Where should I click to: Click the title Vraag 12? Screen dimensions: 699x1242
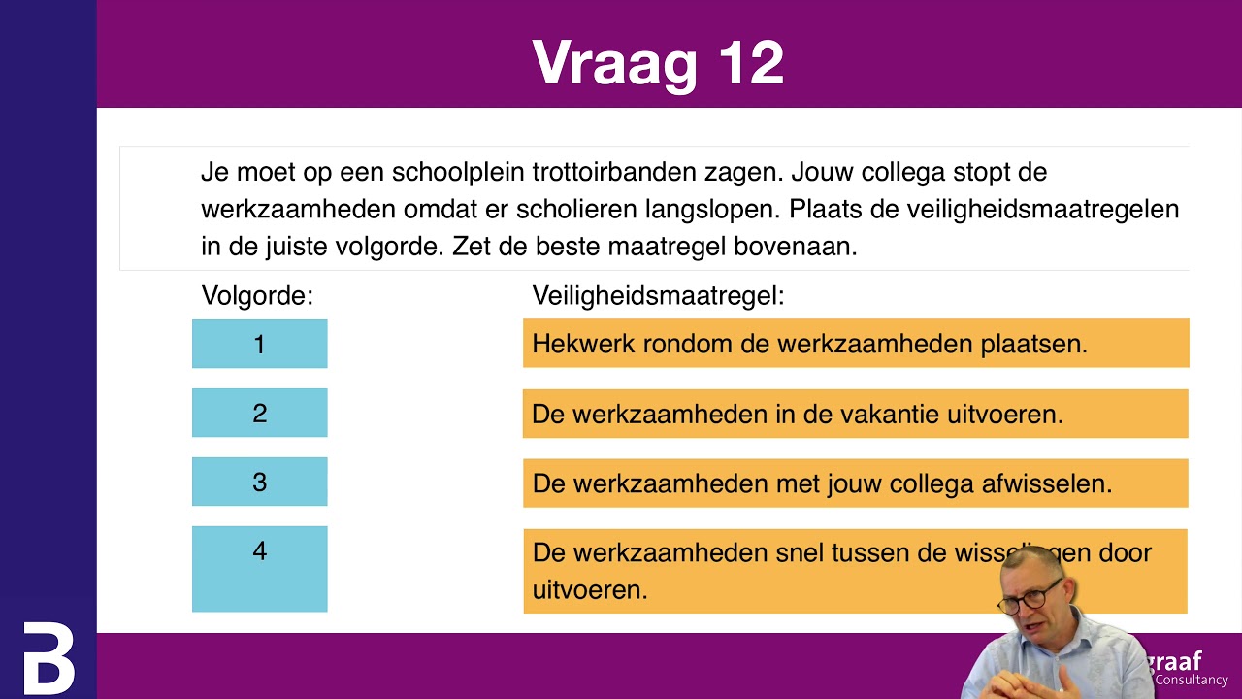(658, 64)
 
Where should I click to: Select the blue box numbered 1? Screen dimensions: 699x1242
(259, 344)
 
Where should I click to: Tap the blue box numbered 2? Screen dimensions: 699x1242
(259, 413)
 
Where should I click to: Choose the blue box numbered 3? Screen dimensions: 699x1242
(259, 482)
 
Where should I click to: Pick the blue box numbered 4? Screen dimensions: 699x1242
(259, 568)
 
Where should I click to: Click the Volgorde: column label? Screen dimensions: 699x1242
(257, 295)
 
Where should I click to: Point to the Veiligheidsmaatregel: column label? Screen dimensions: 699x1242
(658, 295)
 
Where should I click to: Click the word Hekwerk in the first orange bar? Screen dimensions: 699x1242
(578, 344)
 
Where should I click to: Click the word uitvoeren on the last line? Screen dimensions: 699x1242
(589, 589)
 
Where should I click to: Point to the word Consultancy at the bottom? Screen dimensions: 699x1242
(1192, 681)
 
